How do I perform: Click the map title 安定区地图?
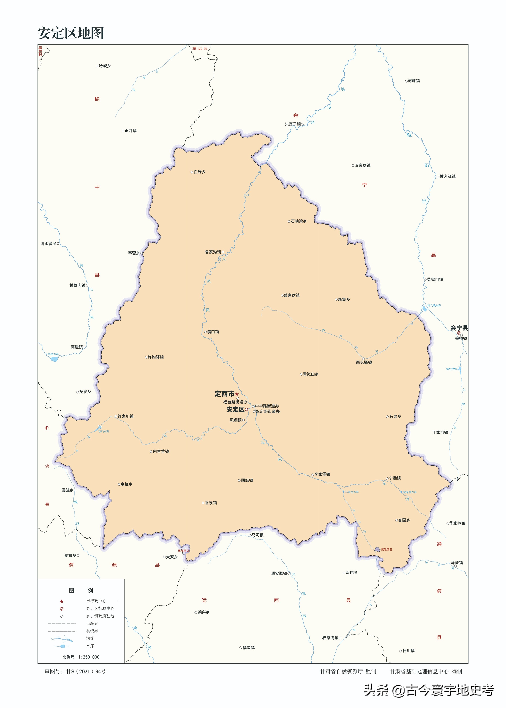[x=71, y=33]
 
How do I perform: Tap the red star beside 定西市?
[x=237, y=394]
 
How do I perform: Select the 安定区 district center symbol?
[x=246, y=409]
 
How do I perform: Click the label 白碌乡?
[x=199, y=172]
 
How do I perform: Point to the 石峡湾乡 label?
[x=299, y=221]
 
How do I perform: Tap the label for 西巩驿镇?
[x=364, y=362]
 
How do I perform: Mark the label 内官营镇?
[x=161, y=451]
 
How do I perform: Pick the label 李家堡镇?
[x=322, y=474]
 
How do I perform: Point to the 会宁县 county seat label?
[x=459, y=328]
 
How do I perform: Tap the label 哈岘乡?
[x=105, y=66]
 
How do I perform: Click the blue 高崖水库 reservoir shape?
[x=54, y=359]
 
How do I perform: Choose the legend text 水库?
[x=90, y=646]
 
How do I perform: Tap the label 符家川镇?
[x=125, y=416]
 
